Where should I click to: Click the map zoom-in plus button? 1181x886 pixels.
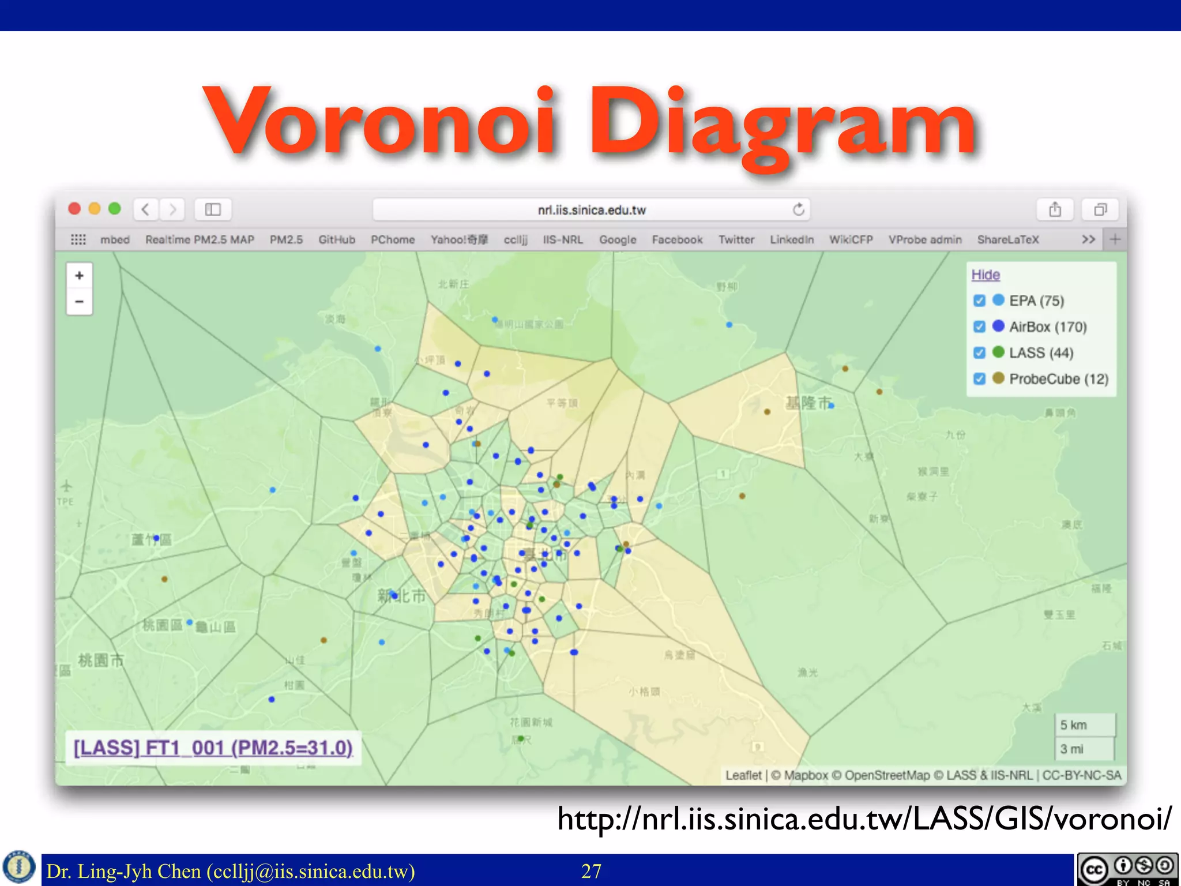click(80, 276)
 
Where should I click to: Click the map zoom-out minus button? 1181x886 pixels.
click(80, 301)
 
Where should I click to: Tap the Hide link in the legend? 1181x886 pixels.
click(986, 275)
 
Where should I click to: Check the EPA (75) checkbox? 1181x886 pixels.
click(979, 301)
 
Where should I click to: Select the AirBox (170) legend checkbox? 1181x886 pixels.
click(979, 326)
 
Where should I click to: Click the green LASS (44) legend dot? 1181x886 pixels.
click(998, 352)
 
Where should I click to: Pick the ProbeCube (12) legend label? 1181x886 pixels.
click(1059, 379)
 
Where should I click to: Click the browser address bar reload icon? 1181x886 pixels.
click(798, 209)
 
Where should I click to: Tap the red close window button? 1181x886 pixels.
click(74, 209)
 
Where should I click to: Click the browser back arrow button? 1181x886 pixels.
click(146, 209)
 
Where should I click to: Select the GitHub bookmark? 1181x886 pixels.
click(337, 239)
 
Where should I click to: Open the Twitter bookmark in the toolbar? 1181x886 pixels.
click(736, 239)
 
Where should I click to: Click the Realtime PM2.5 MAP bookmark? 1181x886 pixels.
click(200, 239)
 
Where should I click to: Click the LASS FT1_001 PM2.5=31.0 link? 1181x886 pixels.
click(213, 748)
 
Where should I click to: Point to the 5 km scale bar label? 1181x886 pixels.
click(1073, 725)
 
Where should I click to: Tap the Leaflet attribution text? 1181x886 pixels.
click(743, 775)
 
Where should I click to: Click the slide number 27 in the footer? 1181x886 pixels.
click(591, 871)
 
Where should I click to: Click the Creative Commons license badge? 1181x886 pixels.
click(1127, 869)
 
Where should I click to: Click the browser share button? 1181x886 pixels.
click(1055, 209)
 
